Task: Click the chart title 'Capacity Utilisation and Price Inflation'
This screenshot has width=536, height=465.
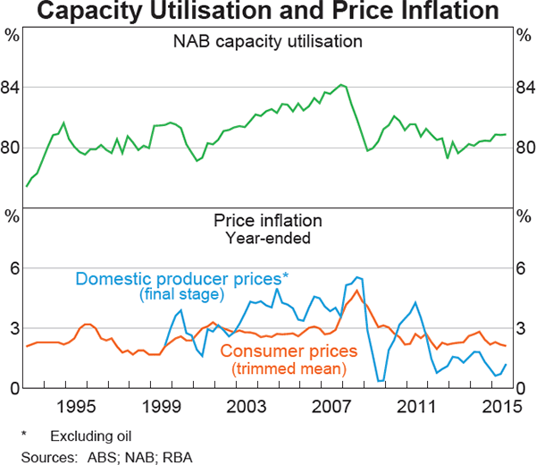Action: (x=268, y=13)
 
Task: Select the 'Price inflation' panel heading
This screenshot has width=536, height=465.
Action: (x=268, y=222)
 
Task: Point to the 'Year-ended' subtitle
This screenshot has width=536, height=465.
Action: (x=268, y=238)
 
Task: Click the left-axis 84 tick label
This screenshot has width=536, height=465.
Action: (x=13, y=88)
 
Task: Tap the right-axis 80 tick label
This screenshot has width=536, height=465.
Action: (x=523, y=148)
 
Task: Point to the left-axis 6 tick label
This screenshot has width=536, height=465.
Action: (x=13, y=269)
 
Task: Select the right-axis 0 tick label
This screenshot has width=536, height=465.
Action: (x=523, y=388)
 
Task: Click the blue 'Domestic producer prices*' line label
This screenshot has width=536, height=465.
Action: (x=179, y=279)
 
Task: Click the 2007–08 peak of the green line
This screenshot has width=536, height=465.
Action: (x=341, y=85)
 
